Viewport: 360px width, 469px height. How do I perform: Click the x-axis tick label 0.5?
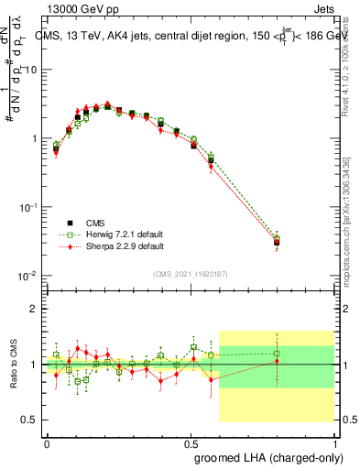[191, 442]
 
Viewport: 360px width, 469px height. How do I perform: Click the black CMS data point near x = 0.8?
[277, 242]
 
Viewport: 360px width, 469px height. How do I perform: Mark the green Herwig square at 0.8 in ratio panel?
[277, 353]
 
